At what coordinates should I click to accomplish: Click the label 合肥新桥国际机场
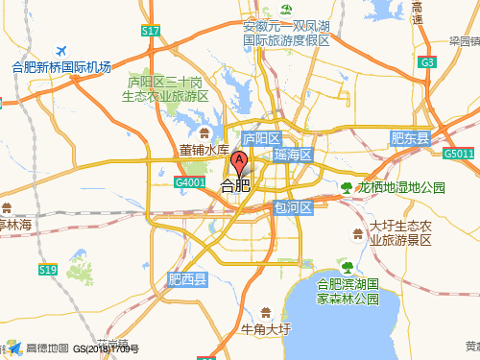coord(61,67)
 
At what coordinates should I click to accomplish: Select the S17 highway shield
coord(150,31)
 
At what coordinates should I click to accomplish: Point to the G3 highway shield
coord(428,62)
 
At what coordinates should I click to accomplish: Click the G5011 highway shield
coord(459,154)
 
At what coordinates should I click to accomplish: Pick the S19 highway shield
coord(48,271)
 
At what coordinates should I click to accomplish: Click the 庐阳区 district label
coord(259,139)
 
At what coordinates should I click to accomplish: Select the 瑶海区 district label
coord(293,155)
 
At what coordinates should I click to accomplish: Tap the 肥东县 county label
coord(410,139)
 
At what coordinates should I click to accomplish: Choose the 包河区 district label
coord(293,207)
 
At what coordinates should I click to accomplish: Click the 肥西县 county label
coord(187,280)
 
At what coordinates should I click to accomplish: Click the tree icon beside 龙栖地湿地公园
coord(347,187)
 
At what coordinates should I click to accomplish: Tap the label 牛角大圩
coord(266,329)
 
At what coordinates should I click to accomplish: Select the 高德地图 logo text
coord(47,348)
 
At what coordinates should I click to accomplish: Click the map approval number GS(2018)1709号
coord(107,349)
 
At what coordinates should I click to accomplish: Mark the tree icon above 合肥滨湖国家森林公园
coord(348,266)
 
